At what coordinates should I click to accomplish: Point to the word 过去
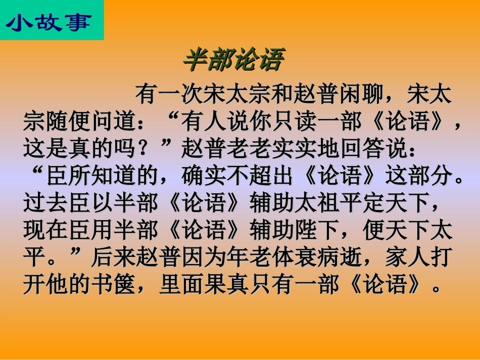point(46,203)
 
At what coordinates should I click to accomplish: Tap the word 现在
point(46,230)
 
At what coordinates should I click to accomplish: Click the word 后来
point(114,256)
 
